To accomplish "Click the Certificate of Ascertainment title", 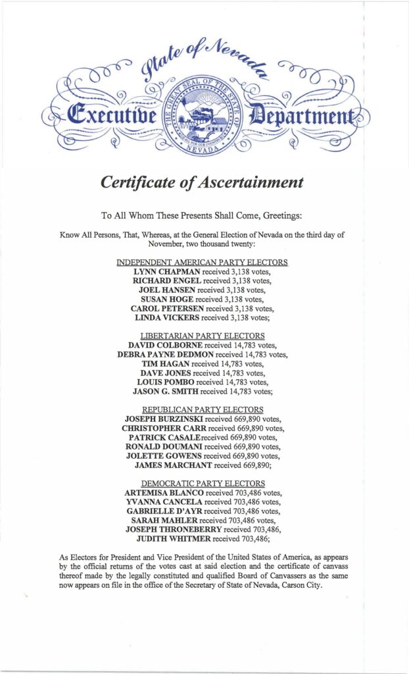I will point(202,182).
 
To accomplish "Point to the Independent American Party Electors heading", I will point(202,262).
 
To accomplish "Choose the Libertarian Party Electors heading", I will point(202,336).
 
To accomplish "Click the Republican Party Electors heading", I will point(202,409).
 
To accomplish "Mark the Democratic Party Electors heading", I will point(202,483).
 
